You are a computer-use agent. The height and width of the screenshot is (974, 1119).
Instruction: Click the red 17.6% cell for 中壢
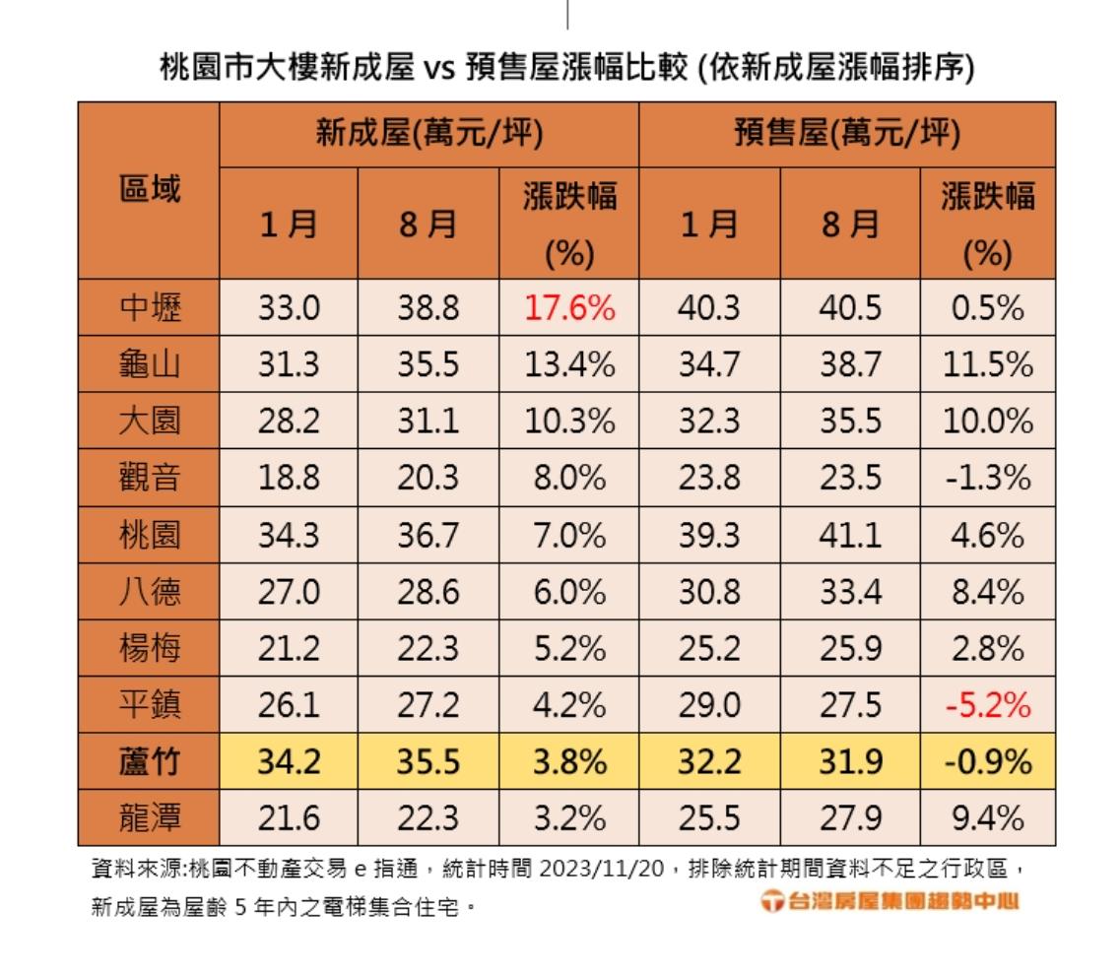(x=568, y=309)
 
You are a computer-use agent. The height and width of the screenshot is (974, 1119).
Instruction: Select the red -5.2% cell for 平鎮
(x=988, y=705)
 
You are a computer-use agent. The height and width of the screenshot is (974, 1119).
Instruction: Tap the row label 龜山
(x=150, y=365)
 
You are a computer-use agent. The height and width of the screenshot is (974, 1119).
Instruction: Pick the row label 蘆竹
(x=150, y=762)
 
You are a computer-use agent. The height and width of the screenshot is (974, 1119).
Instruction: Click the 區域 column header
(x=150, y=189)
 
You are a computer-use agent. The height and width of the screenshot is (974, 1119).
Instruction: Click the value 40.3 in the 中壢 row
(x=708, y=309)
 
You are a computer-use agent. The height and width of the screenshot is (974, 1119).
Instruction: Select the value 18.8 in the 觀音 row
(x=289, y=479)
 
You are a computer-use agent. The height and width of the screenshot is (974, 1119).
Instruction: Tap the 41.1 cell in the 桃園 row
(x=849, y=536)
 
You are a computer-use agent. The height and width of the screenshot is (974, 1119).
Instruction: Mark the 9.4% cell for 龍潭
(x=988, y=817)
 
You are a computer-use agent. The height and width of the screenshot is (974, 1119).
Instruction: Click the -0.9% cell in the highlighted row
(x=988, y=762)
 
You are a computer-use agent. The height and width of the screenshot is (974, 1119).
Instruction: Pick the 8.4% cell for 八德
(x=988, y=592)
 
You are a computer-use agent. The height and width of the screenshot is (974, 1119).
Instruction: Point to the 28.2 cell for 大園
(x=289, y=422)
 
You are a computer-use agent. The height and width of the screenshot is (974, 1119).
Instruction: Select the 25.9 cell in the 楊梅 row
(x=849, y=649)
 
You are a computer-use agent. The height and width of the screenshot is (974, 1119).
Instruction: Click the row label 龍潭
(x=150, y=817)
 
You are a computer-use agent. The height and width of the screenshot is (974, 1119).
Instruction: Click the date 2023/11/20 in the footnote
(x=600, y=871)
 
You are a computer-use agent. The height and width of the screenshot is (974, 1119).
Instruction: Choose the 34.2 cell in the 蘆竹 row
(x=289, y=762)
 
